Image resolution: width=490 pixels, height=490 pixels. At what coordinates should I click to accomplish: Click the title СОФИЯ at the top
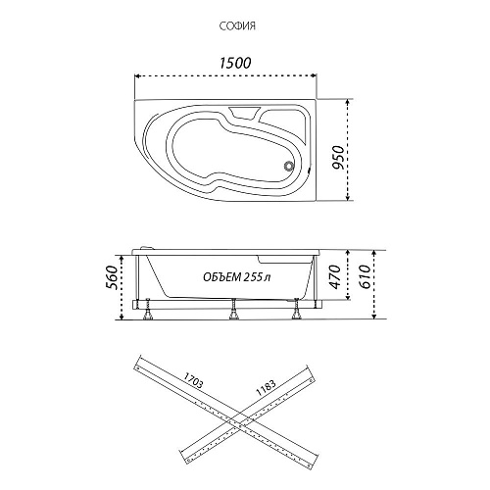(x=237, y=26)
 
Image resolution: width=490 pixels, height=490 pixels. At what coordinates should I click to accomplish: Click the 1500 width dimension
(x=235, y=63)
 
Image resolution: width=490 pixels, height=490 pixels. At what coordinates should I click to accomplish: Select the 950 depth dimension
(x=338, y=157)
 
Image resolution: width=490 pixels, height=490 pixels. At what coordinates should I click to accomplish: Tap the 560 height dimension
(x=111, y=277)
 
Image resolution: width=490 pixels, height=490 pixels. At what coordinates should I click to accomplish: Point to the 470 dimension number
(x=334, y=277)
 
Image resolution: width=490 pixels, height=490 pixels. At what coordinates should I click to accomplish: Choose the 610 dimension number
(x=365, y=276)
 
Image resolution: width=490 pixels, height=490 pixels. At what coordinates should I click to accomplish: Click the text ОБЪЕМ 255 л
(x=237, y=277)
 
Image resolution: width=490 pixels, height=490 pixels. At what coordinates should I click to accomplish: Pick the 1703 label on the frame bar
(x=193, y=380)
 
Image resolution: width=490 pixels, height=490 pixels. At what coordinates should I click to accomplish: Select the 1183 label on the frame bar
(x=266, y=388)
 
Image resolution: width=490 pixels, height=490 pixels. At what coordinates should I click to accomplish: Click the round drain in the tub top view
(x=289, y=166)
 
